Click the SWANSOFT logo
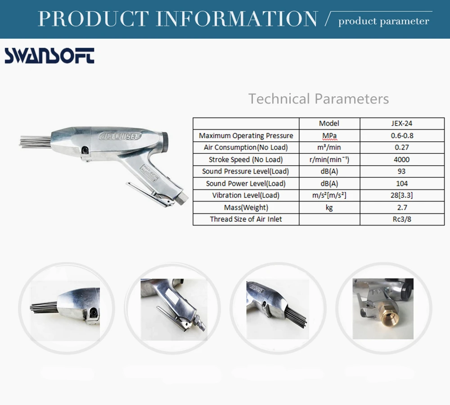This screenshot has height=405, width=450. [49, 56]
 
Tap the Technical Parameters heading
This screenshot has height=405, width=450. [319, 99]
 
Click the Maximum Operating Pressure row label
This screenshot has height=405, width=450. [246, 135]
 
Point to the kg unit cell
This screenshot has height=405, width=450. [329, 207]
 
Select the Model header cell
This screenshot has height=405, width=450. [329, 123]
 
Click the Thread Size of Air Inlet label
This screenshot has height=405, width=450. [246, 219]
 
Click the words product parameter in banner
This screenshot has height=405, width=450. [383, 21]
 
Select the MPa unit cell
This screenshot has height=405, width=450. [329, 135]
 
